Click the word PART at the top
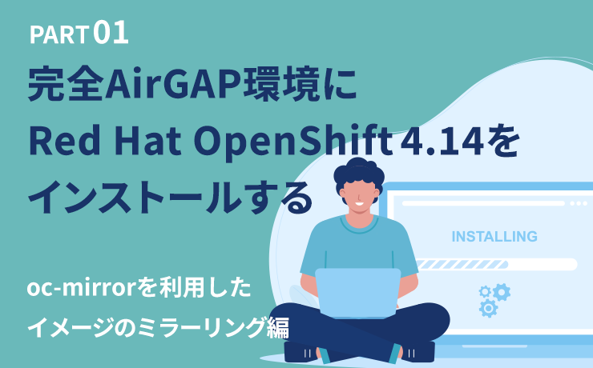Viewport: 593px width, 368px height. click(58, 35)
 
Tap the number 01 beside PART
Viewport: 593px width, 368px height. click(111, 34)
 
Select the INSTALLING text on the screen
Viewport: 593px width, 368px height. click(494, 237)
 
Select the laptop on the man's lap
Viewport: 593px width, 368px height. click(357, 291)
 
